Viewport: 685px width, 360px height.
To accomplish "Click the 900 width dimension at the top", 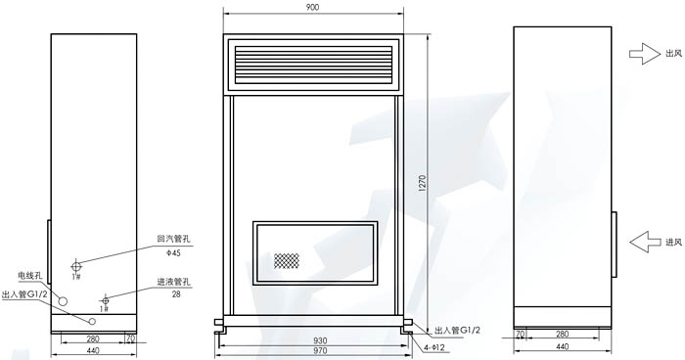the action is pyautogui.click(x=313, y=8).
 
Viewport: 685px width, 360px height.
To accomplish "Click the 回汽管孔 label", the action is pyautogui.click(x=172, y=238).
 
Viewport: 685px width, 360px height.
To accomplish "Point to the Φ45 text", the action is pyautogui.click(x=173, y=252).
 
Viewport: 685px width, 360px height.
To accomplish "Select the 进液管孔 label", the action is pyautogui.click(x=173, y=282).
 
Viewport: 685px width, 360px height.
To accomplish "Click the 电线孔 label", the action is pyautogui.click(x=29, y=277).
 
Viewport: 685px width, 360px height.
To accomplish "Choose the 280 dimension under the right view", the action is pyautogui.click(x=562, y=336).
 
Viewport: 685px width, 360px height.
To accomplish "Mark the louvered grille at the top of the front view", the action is pyautogui.click(x=313, y=64).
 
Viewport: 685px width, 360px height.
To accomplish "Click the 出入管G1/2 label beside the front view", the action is pyautogui.click(x=456, y=331).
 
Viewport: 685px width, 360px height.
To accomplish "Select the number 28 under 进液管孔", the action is pyautogui.click(x=176, y=293).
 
